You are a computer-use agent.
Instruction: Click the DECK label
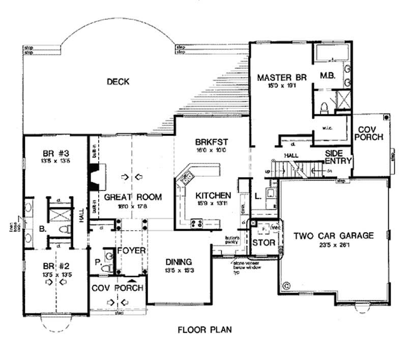pos(118,81)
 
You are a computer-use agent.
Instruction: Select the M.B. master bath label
pos(327,76)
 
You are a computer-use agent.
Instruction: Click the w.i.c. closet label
pos(327,128)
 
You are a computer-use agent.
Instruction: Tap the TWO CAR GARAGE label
pos(333,236)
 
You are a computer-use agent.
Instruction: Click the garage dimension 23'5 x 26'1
pos(333,245)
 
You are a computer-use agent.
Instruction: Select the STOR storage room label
pos(264,243)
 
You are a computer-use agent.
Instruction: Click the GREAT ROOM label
pos(133,197)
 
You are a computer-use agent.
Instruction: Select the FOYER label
pos(131,251)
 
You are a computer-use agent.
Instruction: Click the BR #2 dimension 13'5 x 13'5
pos(54,274)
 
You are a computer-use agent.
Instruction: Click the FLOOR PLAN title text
pos(205,329)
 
